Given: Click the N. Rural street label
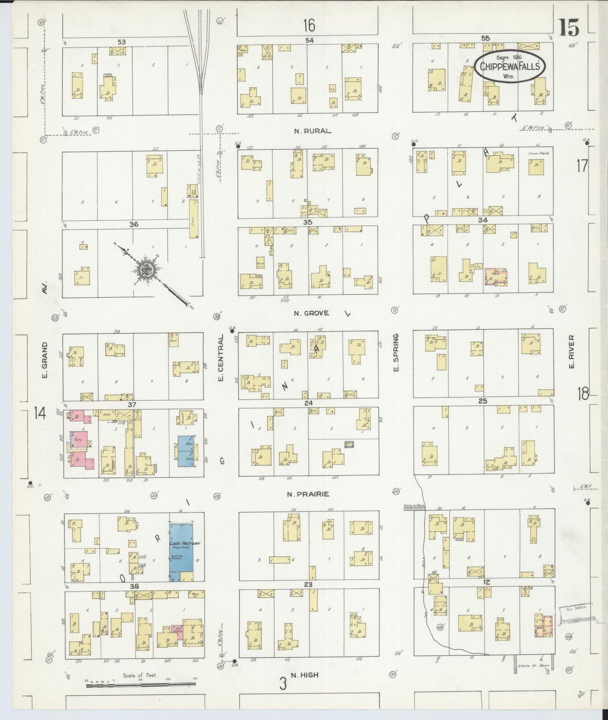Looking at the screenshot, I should tap(312, 131).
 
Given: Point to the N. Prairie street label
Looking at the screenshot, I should tap(308, 494).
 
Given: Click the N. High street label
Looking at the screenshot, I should tap(304, 675).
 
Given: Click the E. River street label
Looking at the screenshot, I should tap(571, 352).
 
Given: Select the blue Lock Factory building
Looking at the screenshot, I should tap(181, 552).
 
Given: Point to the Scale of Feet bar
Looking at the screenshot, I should tap(141, 685).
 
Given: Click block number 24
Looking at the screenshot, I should tap(308, 403).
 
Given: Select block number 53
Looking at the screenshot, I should tap(122, 42).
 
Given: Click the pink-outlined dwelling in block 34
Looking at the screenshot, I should tap(496, 277).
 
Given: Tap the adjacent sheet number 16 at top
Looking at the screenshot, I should tap(309, 26).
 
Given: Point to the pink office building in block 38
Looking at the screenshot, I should tap(177, 632).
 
